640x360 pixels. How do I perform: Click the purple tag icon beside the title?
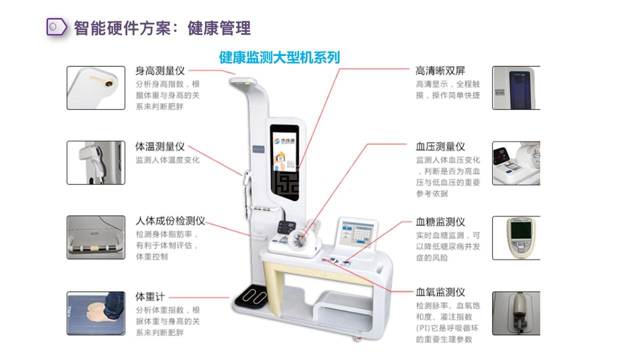pyautogui.click(x=57, y=27)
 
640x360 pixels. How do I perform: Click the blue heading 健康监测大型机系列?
pyautogui.click(x=279, y=57)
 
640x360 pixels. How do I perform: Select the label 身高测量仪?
pyautogui.click(x=160, y=71)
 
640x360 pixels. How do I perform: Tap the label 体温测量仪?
pyautogui.click(x=160, y=146)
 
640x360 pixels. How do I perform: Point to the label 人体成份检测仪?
pyautogui.click(x=170, y=221)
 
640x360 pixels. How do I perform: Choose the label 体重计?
pyautogui.click(x=150, y=296)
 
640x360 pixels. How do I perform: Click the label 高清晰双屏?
pyautogui.click(x=440, y=71)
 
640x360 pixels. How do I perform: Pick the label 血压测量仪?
pyautogui.click(x=440, y=146)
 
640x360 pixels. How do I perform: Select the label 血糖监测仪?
pyautogui.click(x=440, y=221)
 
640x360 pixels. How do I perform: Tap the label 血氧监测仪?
pyautogui.click(x=440, y=292)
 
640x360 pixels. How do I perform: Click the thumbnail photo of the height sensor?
pyautogui.click(x=96, y=87)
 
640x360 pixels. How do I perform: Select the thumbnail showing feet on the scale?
pyautogui.click(x=96, y=313)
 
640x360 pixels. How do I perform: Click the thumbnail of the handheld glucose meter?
pyautogui.click(x=516, y=238)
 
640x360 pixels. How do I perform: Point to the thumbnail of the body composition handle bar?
pyautogui.click(x=96, y=237)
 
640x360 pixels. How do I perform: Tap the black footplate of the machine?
pyautogui.click(x=251, y=296)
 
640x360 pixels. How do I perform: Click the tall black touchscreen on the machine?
pyautogui.click(x=285, y=162)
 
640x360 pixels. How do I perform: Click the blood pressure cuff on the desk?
pyautogui.click(x=299, y=239)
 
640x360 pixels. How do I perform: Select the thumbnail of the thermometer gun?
pyautogui.click(x=96, y=162)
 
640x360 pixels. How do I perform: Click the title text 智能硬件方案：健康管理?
pyautogui.click(x=162, y=28)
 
